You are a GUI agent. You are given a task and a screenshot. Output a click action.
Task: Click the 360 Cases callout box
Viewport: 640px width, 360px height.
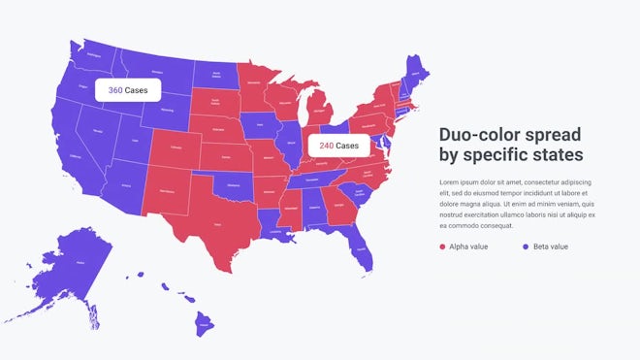click(127, 90)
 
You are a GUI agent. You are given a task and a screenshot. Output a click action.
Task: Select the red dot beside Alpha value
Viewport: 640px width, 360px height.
click(443, 247)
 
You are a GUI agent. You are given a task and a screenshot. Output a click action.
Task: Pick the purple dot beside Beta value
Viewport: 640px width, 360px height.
click(526, 247)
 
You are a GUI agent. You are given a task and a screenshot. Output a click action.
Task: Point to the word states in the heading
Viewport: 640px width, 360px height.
click(557, 155)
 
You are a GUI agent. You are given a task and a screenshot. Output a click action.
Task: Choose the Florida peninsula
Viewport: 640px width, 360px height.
click(361, 248)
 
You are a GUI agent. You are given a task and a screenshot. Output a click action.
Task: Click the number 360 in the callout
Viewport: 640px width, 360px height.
click(115, 90)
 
